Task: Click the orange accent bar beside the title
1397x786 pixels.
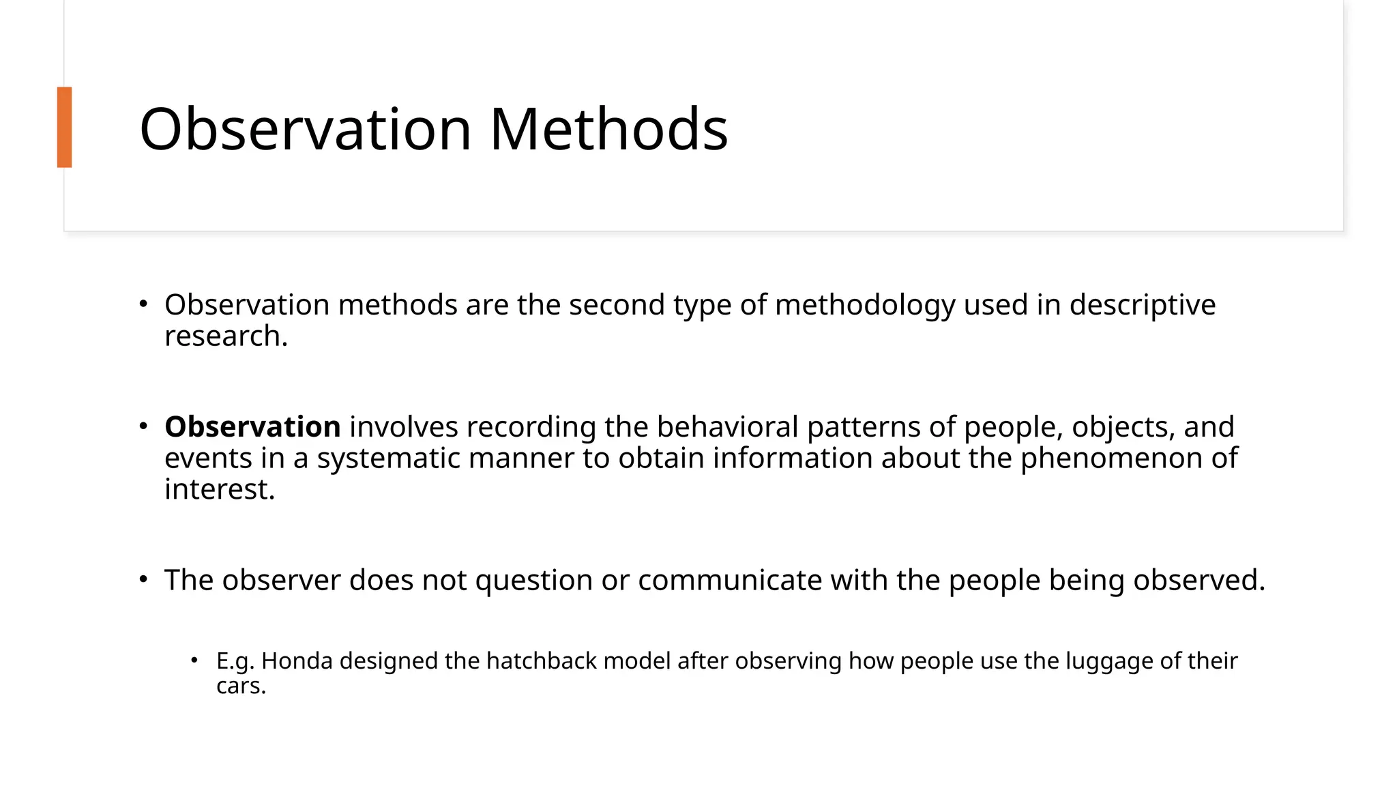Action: tap(64, 127)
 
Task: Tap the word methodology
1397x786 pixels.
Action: tap(865, 304)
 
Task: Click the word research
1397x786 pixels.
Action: tap(226, 336)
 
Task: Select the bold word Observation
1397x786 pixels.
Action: tap(252, 427)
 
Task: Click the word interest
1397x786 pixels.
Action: tap(219, 489)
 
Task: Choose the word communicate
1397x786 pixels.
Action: tap(730, 580)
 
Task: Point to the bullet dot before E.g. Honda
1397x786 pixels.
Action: tap(194, 660)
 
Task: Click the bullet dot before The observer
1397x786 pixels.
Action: tap(143, 580)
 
